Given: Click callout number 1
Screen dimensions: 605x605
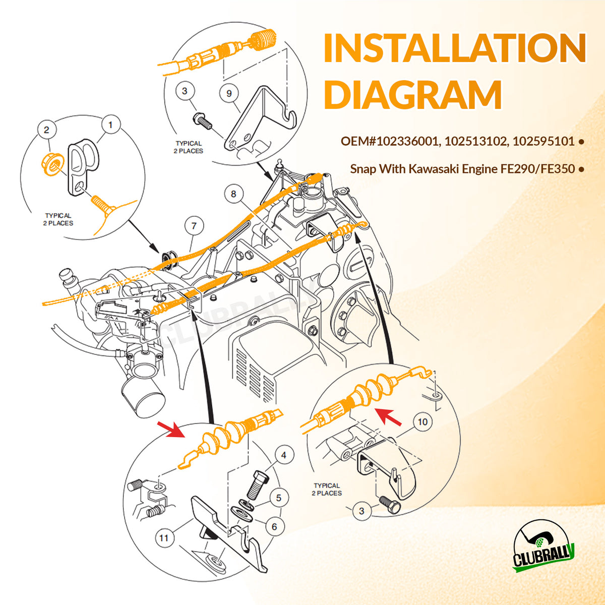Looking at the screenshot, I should point(111,124).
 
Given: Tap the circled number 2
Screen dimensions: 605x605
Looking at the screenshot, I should point(46,130).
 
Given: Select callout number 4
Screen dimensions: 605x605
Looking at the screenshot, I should point(284,455).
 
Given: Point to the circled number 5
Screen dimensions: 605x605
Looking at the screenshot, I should point(279,498).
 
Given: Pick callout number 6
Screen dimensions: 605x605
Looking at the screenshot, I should point(274,527).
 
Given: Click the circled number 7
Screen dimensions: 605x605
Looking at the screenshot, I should point(194,226).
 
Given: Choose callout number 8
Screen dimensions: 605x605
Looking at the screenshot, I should point(233,194).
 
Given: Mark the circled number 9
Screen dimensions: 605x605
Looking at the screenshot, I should point(229,93).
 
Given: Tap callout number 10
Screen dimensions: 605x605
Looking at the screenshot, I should point(422,421).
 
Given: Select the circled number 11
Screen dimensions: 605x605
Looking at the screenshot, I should point(164,538).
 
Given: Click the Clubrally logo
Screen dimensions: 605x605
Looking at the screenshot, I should point(543,548).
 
